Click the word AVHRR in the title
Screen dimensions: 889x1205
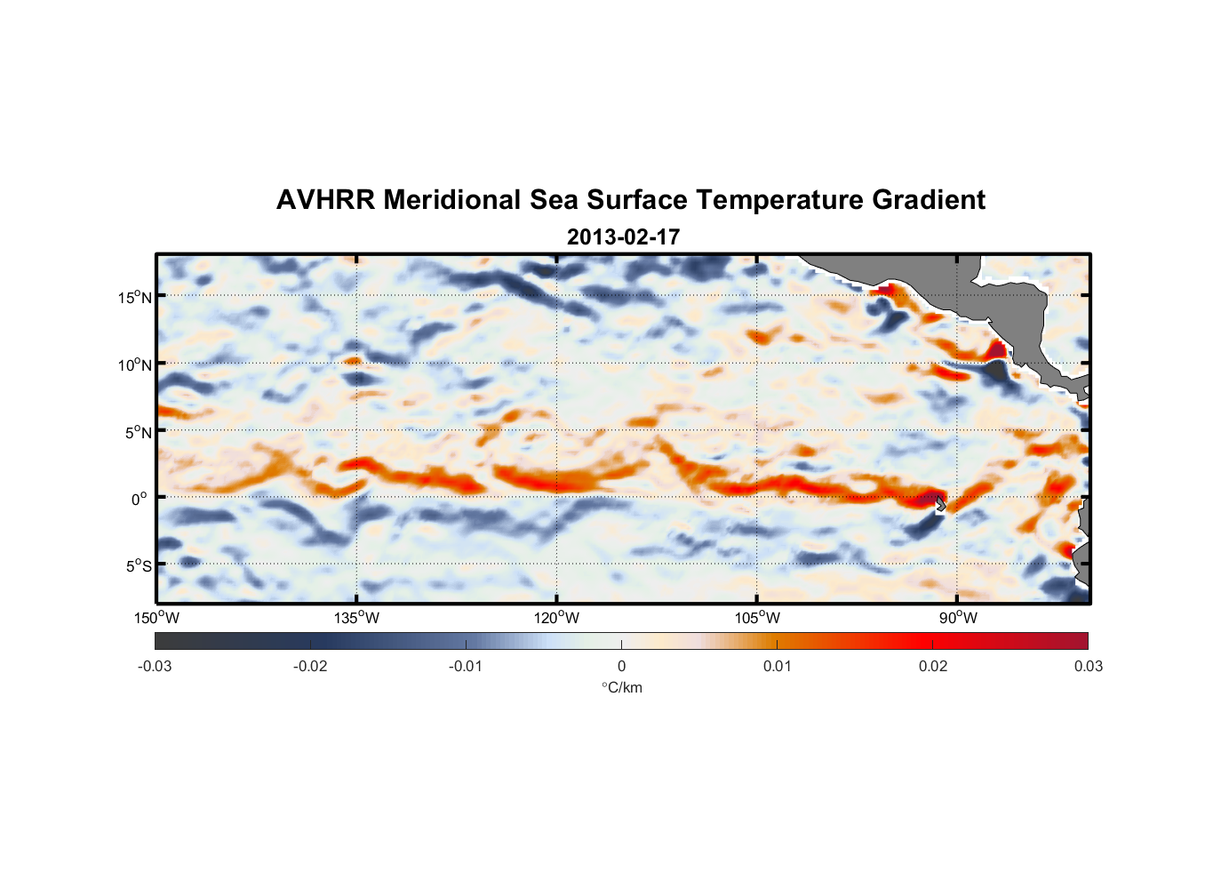(324, 200)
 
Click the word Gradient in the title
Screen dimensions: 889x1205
(929, 200)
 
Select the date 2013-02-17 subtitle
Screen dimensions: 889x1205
(623, 237)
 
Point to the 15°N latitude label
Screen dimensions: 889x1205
(134, 297)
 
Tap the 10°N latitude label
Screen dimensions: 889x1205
(134, 364)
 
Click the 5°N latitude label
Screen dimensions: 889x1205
(138, 432)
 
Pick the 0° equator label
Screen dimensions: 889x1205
(139, 500)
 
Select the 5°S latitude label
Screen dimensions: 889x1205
(138, 566)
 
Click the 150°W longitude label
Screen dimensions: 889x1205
(156, 618)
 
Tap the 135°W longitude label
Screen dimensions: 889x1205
(356, 618)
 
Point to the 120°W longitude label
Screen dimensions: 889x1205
(556, 618)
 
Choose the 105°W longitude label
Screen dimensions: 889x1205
(757, 618)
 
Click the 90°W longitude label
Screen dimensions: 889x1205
(958, 618)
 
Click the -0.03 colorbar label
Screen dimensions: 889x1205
(155, 666)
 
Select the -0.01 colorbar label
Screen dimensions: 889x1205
(466, 666)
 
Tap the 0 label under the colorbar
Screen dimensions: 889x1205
(621, 666)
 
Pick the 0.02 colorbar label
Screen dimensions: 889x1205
(933, 666)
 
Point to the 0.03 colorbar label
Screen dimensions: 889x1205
(1088, 666)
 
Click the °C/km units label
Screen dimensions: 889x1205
(621, 687)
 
